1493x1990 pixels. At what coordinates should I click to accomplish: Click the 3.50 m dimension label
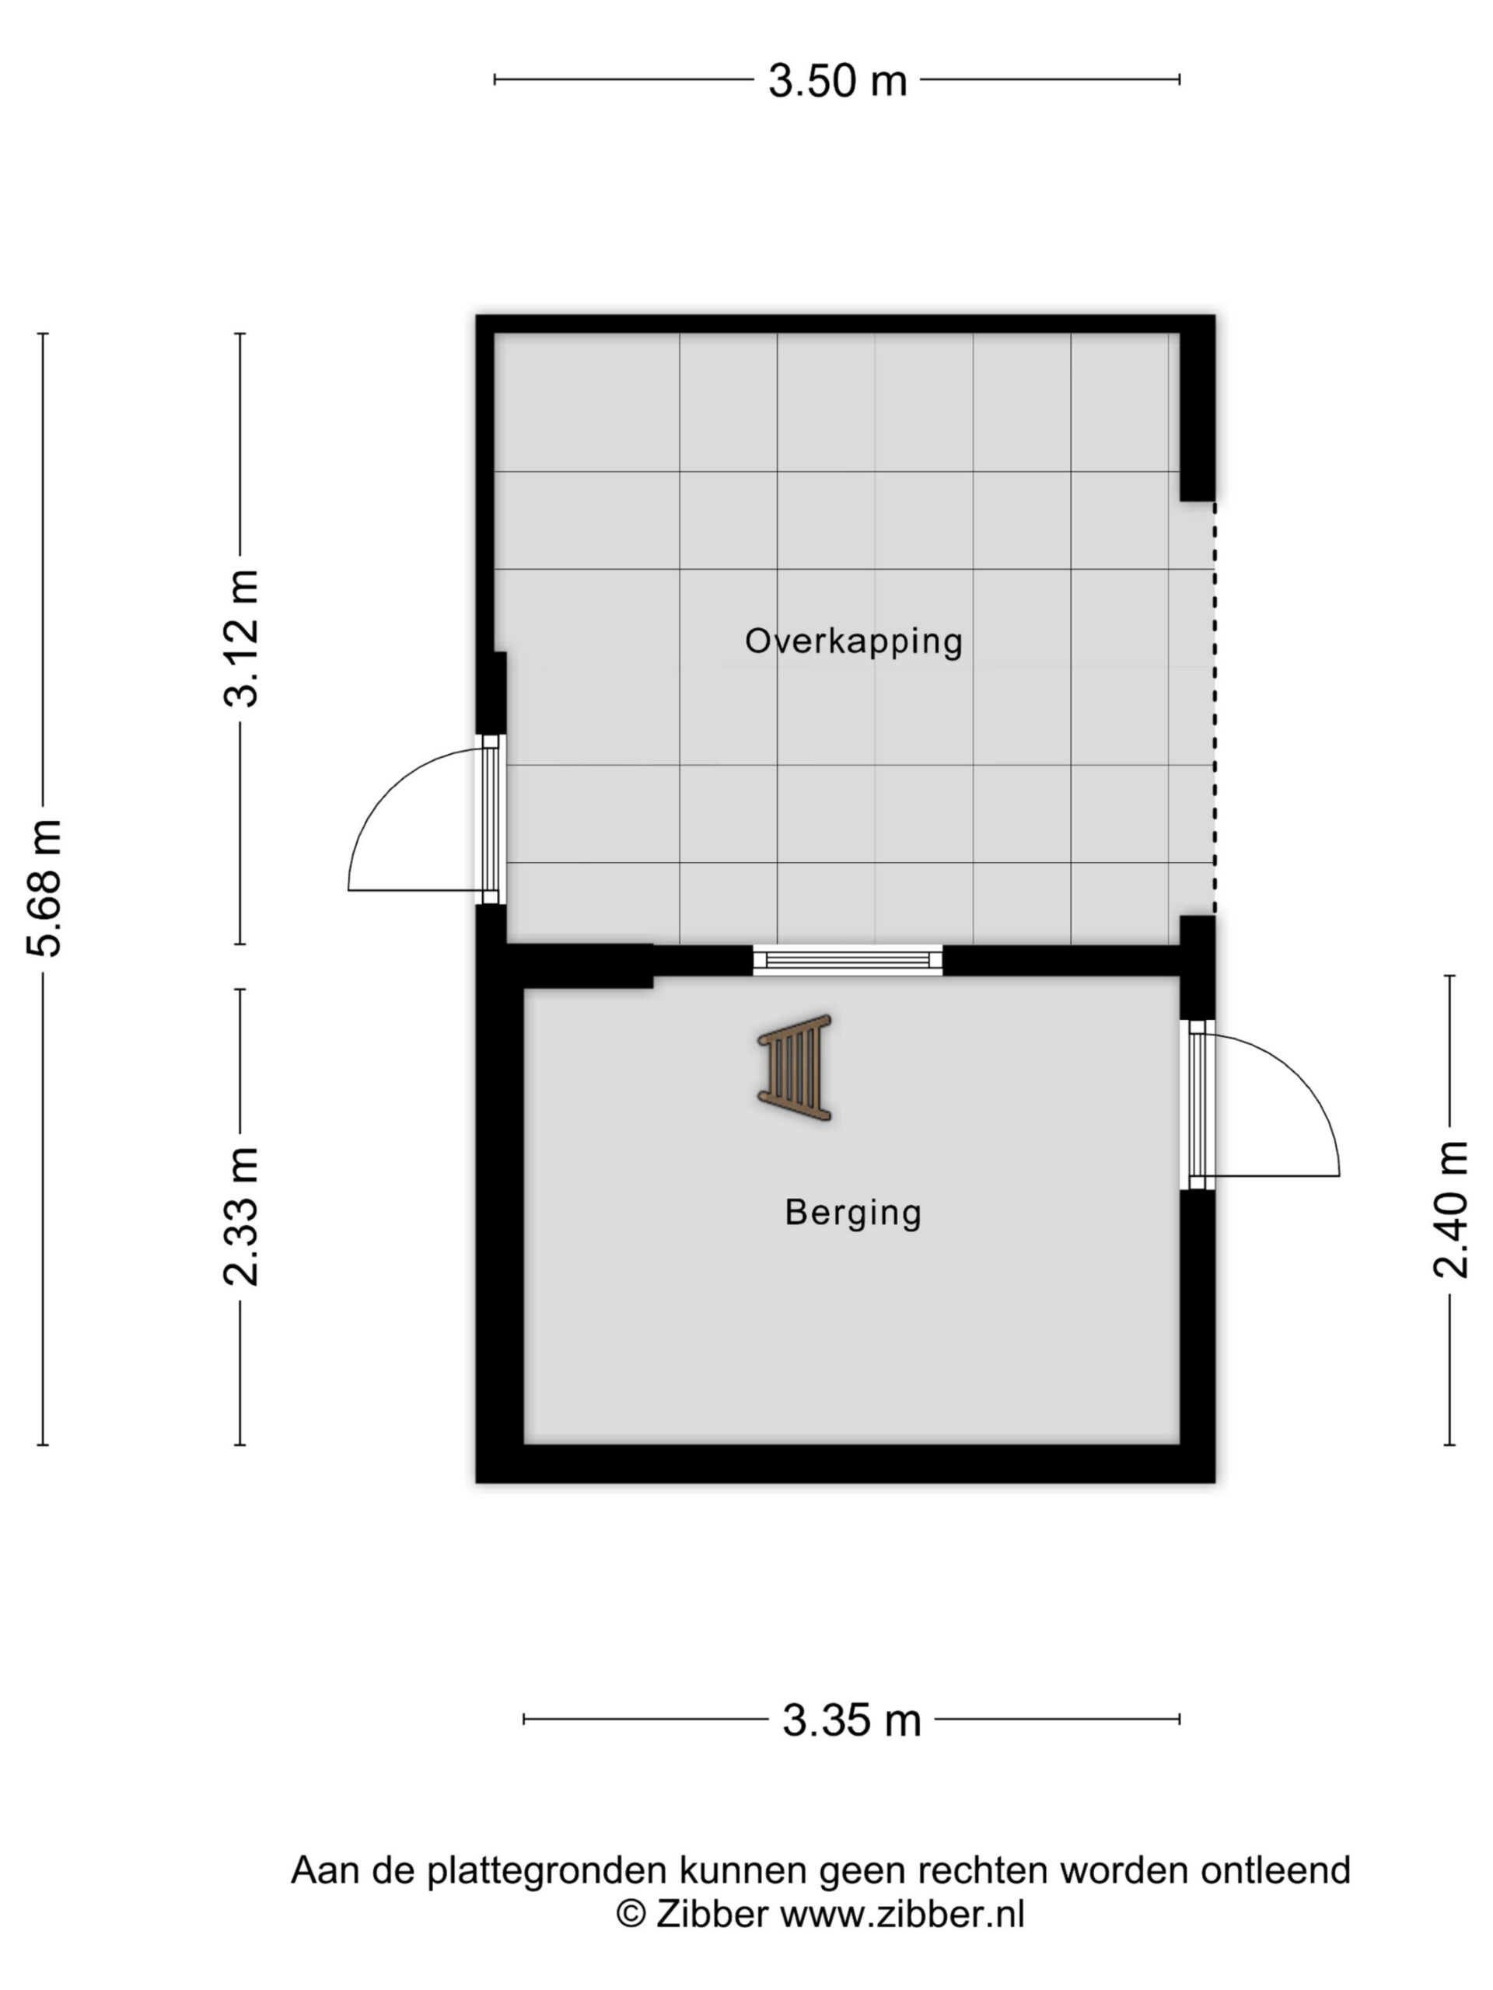[x=837, y=81]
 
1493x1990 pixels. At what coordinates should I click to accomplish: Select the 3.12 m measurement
[x=241, y=638]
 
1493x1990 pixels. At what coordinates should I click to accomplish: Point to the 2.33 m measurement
[x=241, y=1217]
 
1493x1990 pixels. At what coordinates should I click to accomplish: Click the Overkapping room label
[x=853, y=642]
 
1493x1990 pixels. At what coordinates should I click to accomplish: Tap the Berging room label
[x=853, y=1213]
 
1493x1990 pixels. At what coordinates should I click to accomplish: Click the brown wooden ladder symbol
[x=794, y=1068]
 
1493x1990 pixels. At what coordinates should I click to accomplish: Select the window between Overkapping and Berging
[x=847, y=960]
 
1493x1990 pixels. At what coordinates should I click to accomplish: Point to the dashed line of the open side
[x=1214, y=709]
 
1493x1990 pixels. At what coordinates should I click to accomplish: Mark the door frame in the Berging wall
[x=1197, y=1105]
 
